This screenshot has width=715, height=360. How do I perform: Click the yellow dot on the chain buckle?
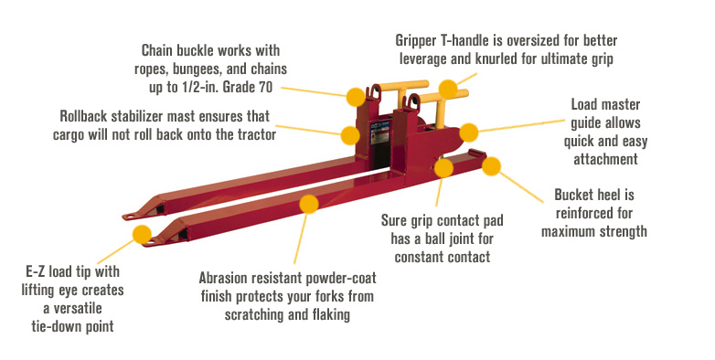[x=356, y=94]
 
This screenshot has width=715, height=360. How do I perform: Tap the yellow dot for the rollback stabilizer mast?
[x=350, y=135]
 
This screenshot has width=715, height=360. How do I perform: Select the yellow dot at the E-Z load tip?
[x=142, y=234]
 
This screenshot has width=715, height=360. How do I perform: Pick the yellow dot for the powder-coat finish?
[x=308, y=204]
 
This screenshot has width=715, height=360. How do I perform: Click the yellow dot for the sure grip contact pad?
[x=443, y=167]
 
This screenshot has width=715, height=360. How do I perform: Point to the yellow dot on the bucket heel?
[x=492, y=165]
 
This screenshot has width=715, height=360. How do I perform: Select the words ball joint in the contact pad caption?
[x=473, y=240]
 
